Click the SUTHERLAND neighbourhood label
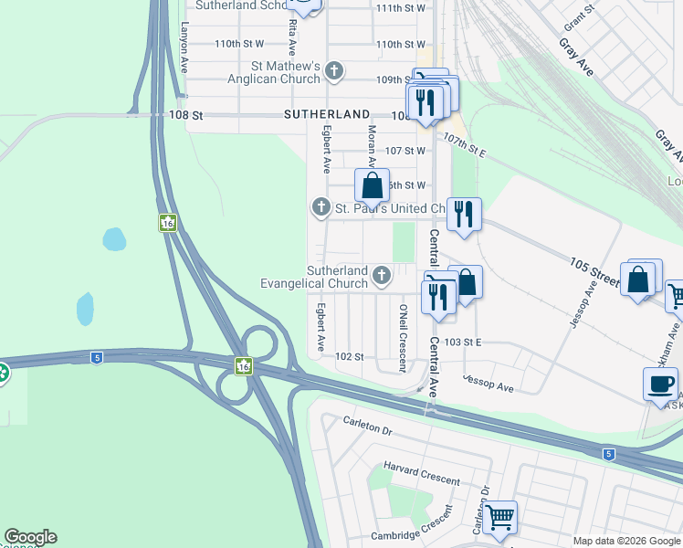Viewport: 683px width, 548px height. click(x=326, y=115)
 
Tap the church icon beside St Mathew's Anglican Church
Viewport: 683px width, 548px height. click(x=335, y=70)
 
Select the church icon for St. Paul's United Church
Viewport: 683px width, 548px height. click(x=320, y=208)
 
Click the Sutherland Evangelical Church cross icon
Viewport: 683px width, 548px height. click(x=381, y=274)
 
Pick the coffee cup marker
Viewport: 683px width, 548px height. click(x=660, y=384)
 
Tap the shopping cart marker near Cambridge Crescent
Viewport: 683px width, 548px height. click(x=499, y=517)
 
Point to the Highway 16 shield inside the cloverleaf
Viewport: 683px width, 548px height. click(x=242, y=366)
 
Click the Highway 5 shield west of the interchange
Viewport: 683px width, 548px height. click(x=96, y=357)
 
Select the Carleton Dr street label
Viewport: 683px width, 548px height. click(x=367, y=423)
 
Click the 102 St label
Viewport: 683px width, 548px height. click(x=350, y=356)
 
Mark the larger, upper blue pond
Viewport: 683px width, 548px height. click(x=113, y=239)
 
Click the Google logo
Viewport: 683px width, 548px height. click(x=30, y=537)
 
